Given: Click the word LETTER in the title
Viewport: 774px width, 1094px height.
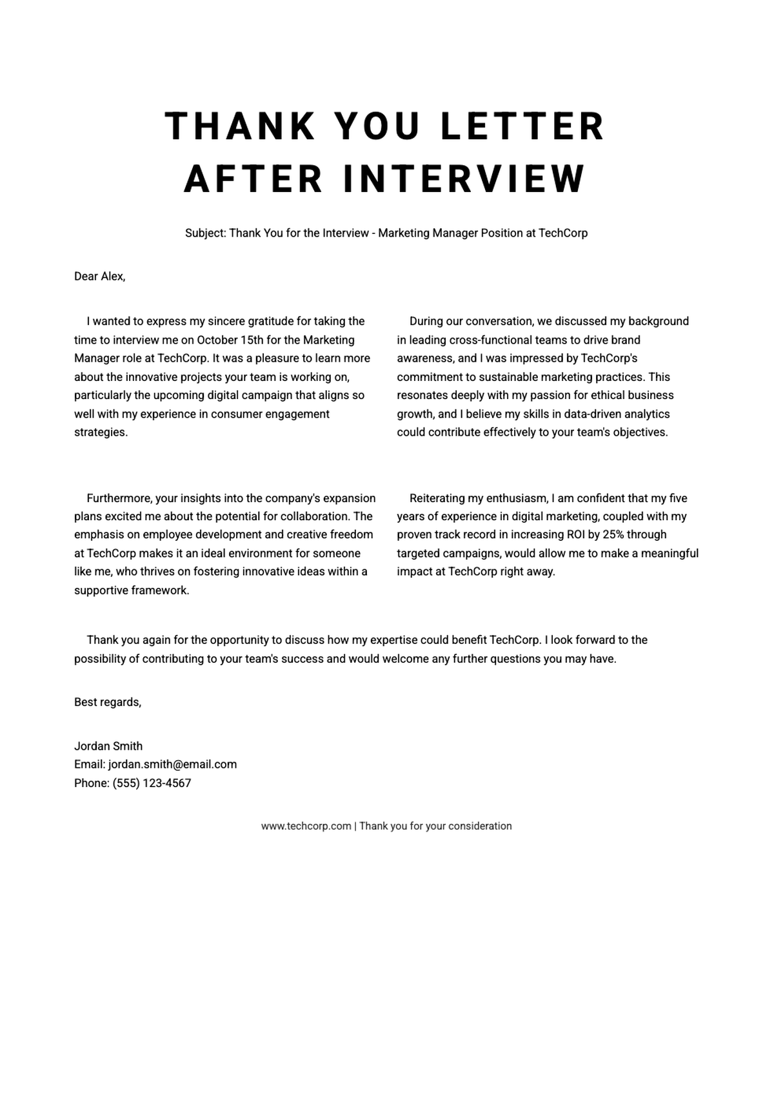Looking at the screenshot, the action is coord(522,126).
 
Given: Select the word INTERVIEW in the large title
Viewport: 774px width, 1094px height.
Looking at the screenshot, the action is coord(464,179).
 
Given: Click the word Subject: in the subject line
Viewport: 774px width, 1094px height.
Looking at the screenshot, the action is coord(205,233).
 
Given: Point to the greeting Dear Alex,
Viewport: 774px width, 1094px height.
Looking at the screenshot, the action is coord(99,277).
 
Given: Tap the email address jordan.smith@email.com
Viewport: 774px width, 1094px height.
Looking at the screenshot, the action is coord(172,765).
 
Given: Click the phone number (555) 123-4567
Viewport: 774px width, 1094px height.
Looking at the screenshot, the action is coord(152,783).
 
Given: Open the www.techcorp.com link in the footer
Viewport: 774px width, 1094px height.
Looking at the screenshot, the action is coord(306,826).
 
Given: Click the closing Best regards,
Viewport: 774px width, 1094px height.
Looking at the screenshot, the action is coord(108,702).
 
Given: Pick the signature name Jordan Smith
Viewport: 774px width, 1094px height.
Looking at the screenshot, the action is coord(108,746).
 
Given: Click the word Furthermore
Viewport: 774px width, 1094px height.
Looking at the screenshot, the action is coord(119,498).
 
